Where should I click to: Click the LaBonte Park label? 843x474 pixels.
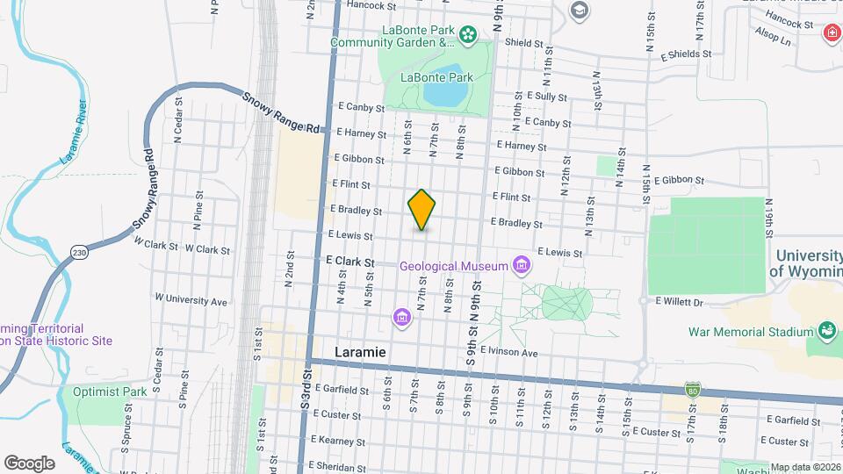pos(436,77)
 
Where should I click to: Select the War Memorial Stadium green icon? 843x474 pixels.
pos(825,331)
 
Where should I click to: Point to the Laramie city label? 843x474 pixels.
pos(361,351)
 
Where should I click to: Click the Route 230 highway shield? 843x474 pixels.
pos(79,252)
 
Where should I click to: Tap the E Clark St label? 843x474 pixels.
pos(349,262)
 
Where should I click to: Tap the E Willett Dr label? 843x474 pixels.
pos(680,302)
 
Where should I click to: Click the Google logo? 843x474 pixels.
pos(29,463)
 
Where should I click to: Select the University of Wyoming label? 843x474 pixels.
pos(805,262)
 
